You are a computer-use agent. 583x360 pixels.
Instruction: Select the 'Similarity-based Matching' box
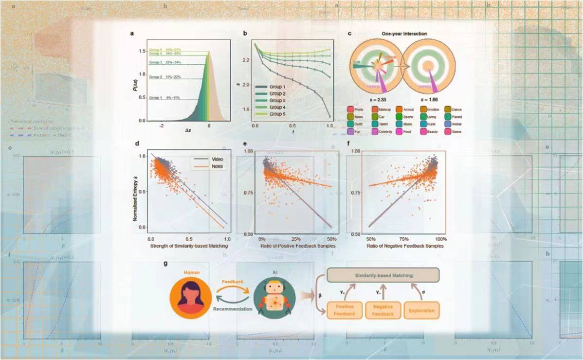pos(384,275)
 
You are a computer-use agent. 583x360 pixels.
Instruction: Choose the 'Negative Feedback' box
pos(383,310)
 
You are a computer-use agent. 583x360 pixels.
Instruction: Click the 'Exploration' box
pos(421,310)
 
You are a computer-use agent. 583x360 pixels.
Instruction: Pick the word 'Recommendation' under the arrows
pos(232,308)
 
